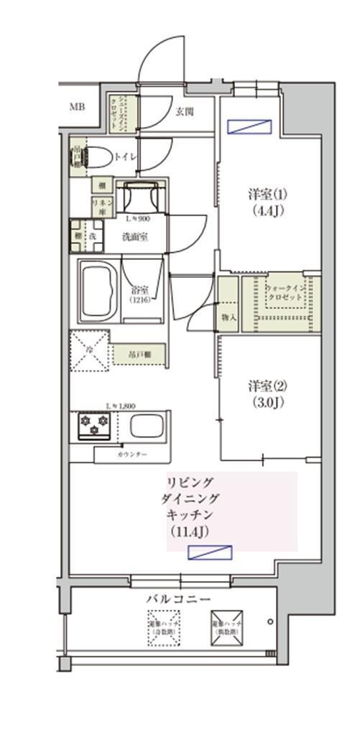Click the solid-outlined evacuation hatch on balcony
tap(227, 626)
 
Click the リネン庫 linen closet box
tap(100, 206)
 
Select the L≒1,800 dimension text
tap(120, 405)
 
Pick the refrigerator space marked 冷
tap(89, 351)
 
